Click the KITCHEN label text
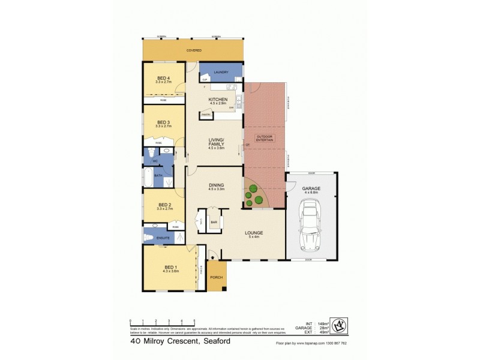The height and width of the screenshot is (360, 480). (217, 100)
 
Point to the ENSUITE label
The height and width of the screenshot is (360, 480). (163, 238)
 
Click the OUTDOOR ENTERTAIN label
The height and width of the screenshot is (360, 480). (265, 139)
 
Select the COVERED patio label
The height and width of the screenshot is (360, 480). (193, 50)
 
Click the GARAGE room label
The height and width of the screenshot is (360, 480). (310, 189)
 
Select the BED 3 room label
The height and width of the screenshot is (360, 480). (164, 125)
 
